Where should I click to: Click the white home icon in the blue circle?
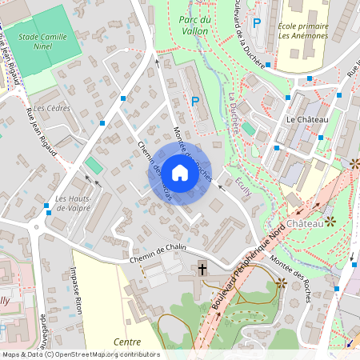click(x=180, y=172)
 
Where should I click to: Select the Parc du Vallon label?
click(x=194, y=25)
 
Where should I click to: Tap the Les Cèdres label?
click(x=52, y=108)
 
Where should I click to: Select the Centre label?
click(x=127, y=342)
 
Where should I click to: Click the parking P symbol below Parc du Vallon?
click(x=195, y=102)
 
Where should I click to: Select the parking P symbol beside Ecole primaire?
click(x=257, y=23)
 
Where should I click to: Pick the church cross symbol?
click(x=202, y=270)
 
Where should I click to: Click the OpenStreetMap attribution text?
click(x=80, y=354)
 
